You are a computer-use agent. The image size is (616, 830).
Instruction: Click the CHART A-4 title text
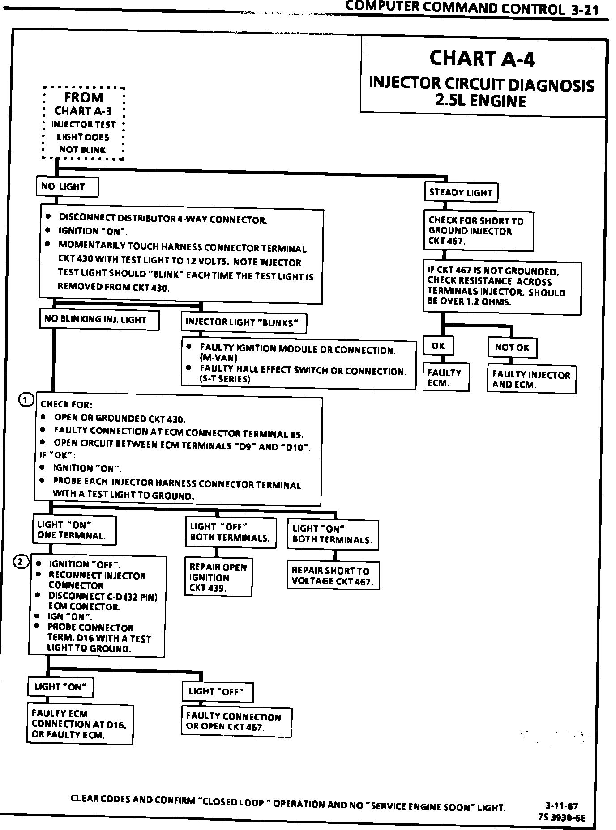(x=482, y=59)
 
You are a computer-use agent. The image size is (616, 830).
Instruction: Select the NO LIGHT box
(x=67, y=187)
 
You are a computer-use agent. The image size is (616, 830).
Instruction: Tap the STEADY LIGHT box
(x=461, y=193)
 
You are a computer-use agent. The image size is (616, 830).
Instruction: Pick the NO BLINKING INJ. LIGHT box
(x=99, y=320)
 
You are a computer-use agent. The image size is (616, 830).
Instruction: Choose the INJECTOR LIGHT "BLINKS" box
(x=244, y=322)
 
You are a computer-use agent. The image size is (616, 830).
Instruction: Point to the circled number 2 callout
(x=21, y=562)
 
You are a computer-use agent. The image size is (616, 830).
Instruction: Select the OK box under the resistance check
(x=438, y=346)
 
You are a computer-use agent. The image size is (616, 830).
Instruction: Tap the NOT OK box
(x=512, y=347)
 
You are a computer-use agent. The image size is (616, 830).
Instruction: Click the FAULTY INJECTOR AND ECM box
(x=531, y=380)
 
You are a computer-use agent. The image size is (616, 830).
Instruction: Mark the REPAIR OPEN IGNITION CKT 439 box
(x=218, y=577)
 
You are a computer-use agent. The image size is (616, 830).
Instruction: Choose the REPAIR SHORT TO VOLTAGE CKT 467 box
(x=333, y=576)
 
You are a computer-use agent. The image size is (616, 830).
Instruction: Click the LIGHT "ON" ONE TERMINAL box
(x=74, y=530)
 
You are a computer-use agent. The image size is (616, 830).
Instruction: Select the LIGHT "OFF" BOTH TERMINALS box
(x=231, y=532)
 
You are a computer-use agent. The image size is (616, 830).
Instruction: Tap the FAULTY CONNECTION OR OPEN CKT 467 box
(x=236, y=722)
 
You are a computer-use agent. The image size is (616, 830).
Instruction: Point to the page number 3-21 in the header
(x=585, y=10)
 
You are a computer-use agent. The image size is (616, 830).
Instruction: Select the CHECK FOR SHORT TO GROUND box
(x=478, y=231)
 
